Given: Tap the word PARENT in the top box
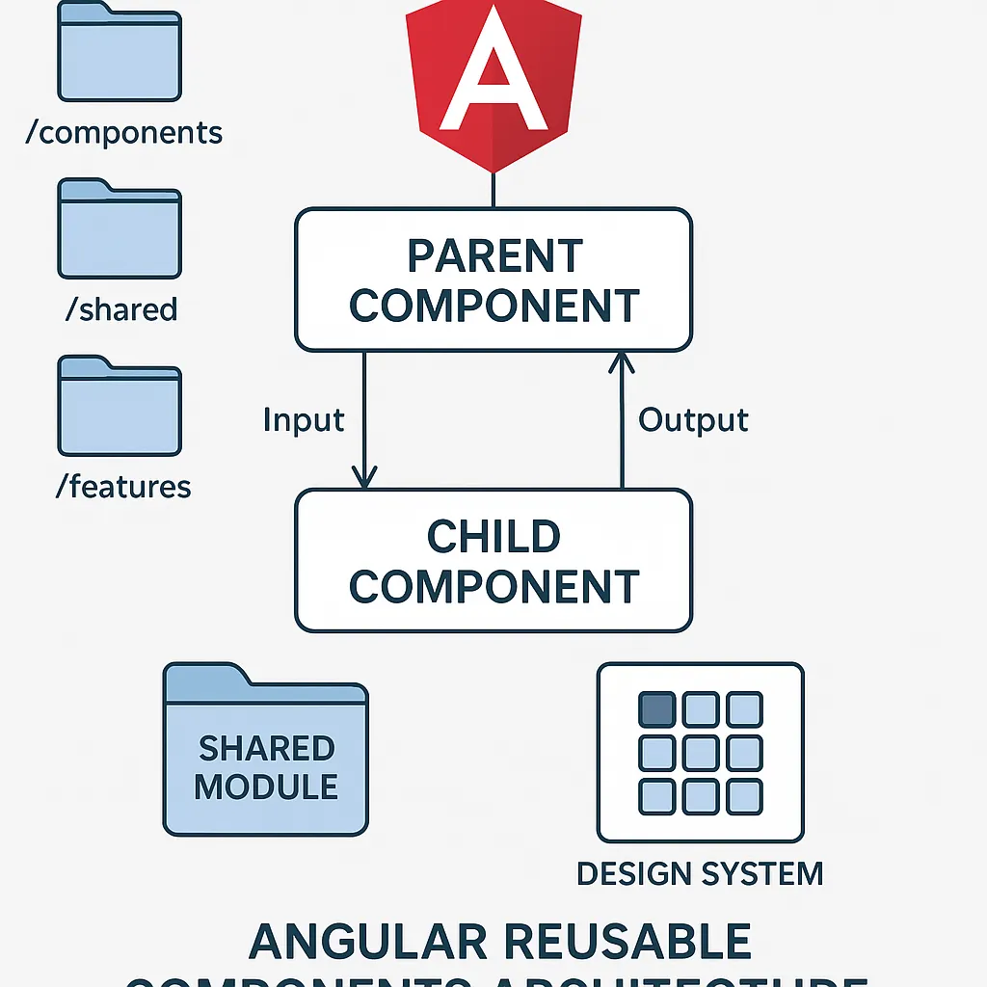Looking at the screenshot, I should pyautogui.click(x=494, y=256).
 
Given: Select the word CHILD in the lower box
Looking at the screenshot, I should pyautogui.click(x=493, y=537).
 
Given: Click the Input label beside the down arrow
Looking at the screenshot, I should pyautogui.click(x=304, y=420).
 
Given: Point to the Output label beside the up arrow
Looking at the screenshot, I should pyautogui.click(x=693, y=420).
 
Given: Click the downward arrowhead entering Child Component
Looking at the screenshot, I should pyautogui.click(x=364, y=477).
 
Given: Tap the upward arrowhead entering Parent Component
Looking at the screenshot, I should pyautogui.click(x=622, y=363).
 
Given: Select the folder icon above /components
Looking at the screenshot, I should pyautogui.click(x=120, y=52).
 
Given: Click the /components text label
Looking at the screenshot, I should pyautogui.click(x=124, y=133).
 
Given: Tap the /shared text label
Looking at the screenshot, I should pyautogui.click(x=122, y=309).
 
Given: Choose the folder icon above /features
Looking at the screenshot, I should pyautogui.click(x=120, y=406).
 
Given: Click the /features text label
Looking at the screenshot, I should pyautogui.click(x=122, y=487).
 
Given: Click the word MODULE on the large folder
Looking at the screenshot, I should pyautogui.click(x=266, y=787).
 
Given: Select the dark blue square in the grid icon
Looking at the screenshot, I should pyautogui.click(x=656, y=709).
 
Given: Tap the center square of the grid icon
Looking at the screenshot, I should pyautogui.click(x=700, y=753).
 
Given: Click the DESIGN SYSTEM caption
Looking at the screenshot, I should pyautogui.click(x=700, y=874).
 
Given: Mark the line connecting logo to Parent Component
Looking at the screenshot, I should pyautogui.click(x=493, y=191).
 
